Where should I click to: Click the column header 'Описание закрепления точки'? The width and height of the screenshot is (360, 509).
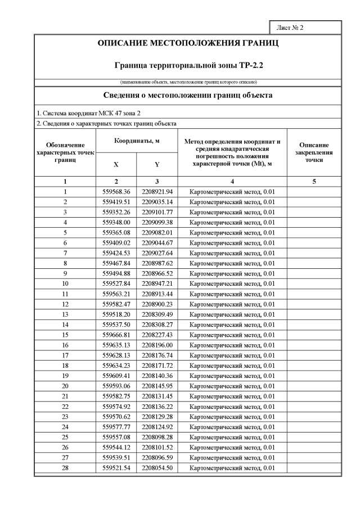(314, 152)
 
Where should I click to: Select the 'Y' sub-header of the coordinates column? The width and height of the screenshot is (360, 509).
(157, 165)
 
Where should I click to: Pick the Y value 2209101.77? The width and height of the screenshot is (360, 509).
(157, 212)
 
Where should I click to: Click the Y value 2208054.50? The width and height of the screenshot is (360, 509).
(157, 468)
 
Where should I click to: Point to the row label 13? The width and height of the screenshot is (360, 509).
(65, 314)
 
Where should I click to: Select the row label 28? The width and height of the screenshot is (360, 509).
(65, 468)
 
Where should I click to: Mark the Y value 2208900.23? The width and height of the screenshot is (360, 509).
(157, 304)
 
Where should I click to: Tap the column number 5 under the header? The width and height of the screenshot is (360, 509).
(314, 182)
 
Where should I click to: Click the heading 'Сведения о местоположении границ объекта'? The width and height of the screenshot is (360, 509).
(188, 96)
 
